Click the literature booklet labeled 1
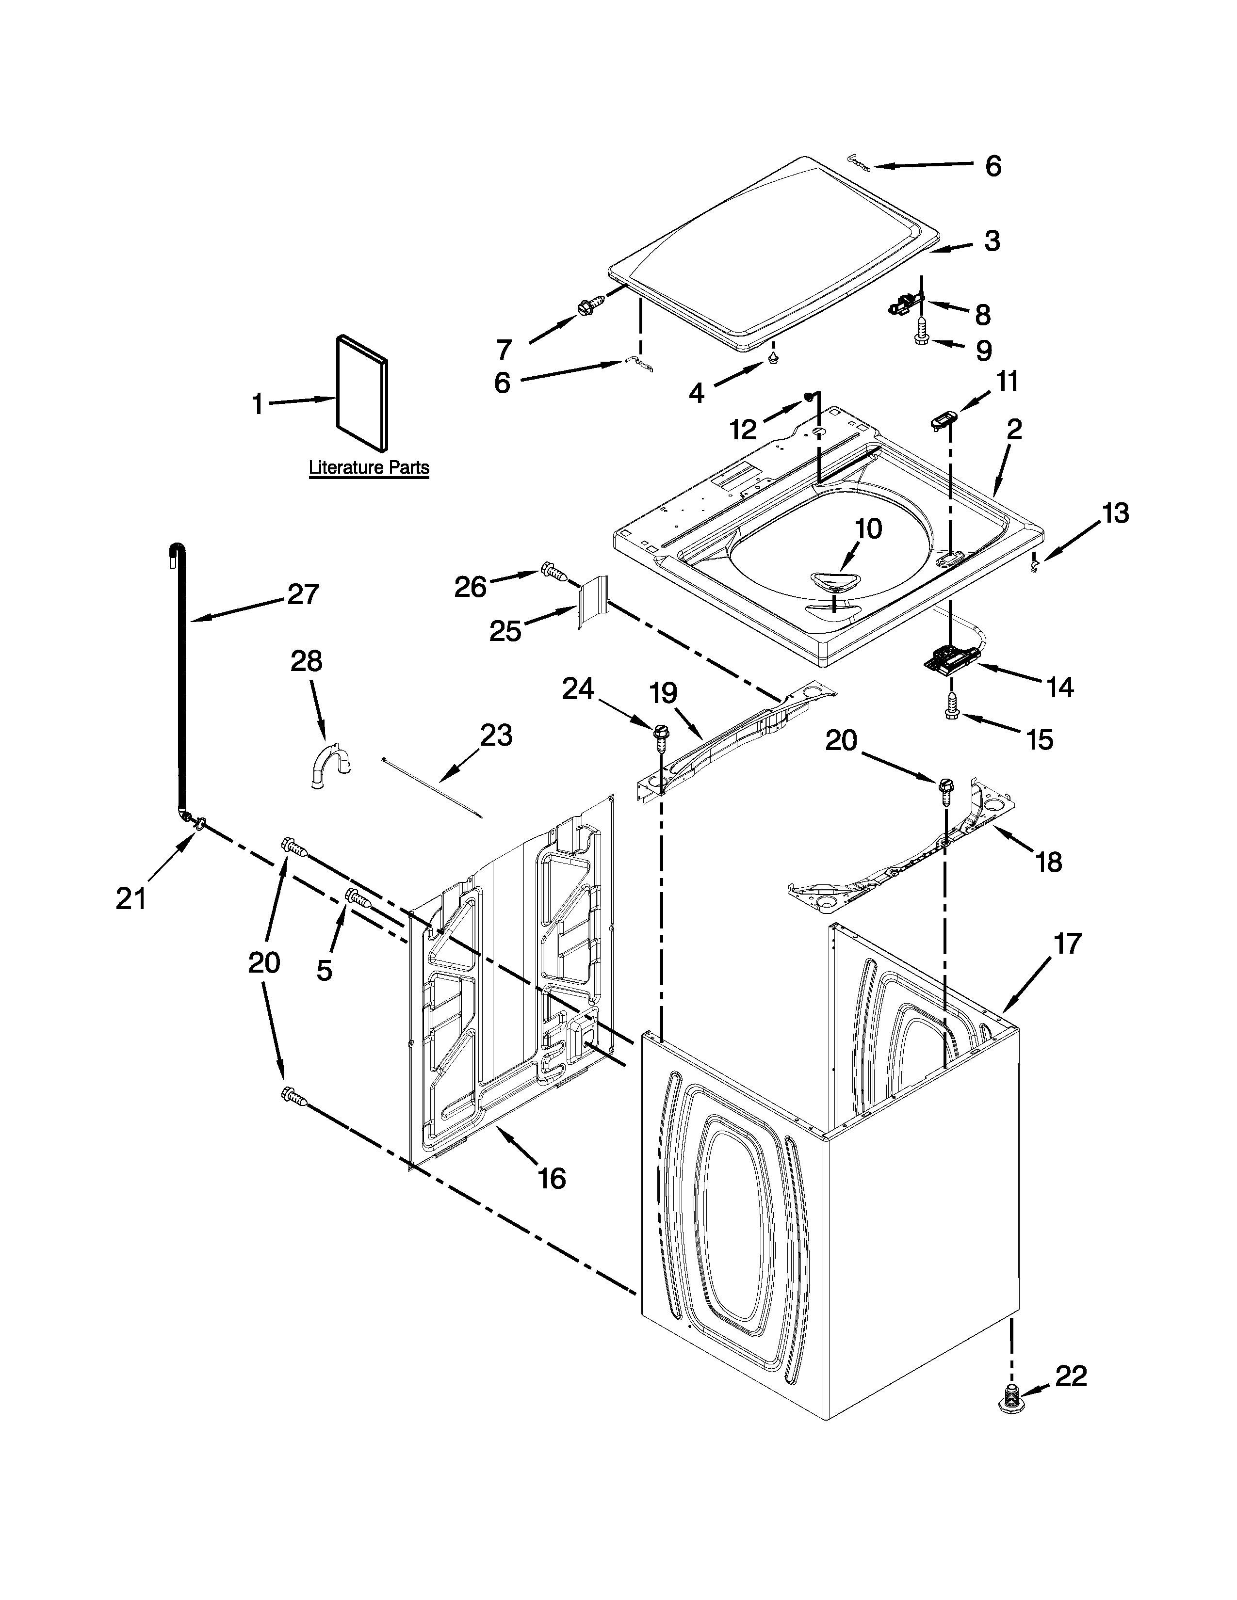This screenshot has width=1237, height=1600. (x=362, y=393)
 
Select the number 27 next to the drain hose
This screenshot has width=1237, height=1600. (x=303, y=593)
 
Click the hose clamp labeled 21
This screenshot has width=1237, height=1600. (x=195, y=825)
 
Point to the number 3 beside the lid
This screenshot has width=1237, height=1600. (x=992, y=241)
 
